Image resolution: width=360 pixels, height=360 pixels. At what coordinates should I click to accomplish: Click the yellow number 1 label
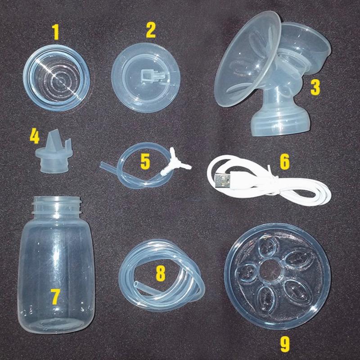point(55,32)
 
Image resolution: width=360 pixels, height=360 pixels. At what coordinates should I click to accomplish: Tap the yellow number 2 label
point(151,30)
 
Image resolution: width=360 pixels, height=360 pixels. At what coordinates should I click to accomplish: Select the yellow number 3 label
point(315,87)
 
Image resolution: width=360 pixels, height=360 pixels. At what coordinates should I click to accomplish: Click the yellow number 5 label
point(145,162)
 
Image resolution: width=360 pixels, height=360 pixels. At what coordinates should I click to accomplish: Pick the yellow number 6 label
point(285,162)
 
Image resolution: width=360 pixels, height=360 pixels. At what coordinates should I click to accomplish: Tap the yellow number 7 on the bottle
point(56,297)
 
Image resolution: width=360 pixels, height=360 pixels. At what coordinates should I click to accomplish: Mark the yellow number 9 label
point(285,344)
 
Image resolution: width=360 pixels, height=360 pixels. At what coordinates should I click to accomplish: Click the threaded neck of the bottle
point(57,206)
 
